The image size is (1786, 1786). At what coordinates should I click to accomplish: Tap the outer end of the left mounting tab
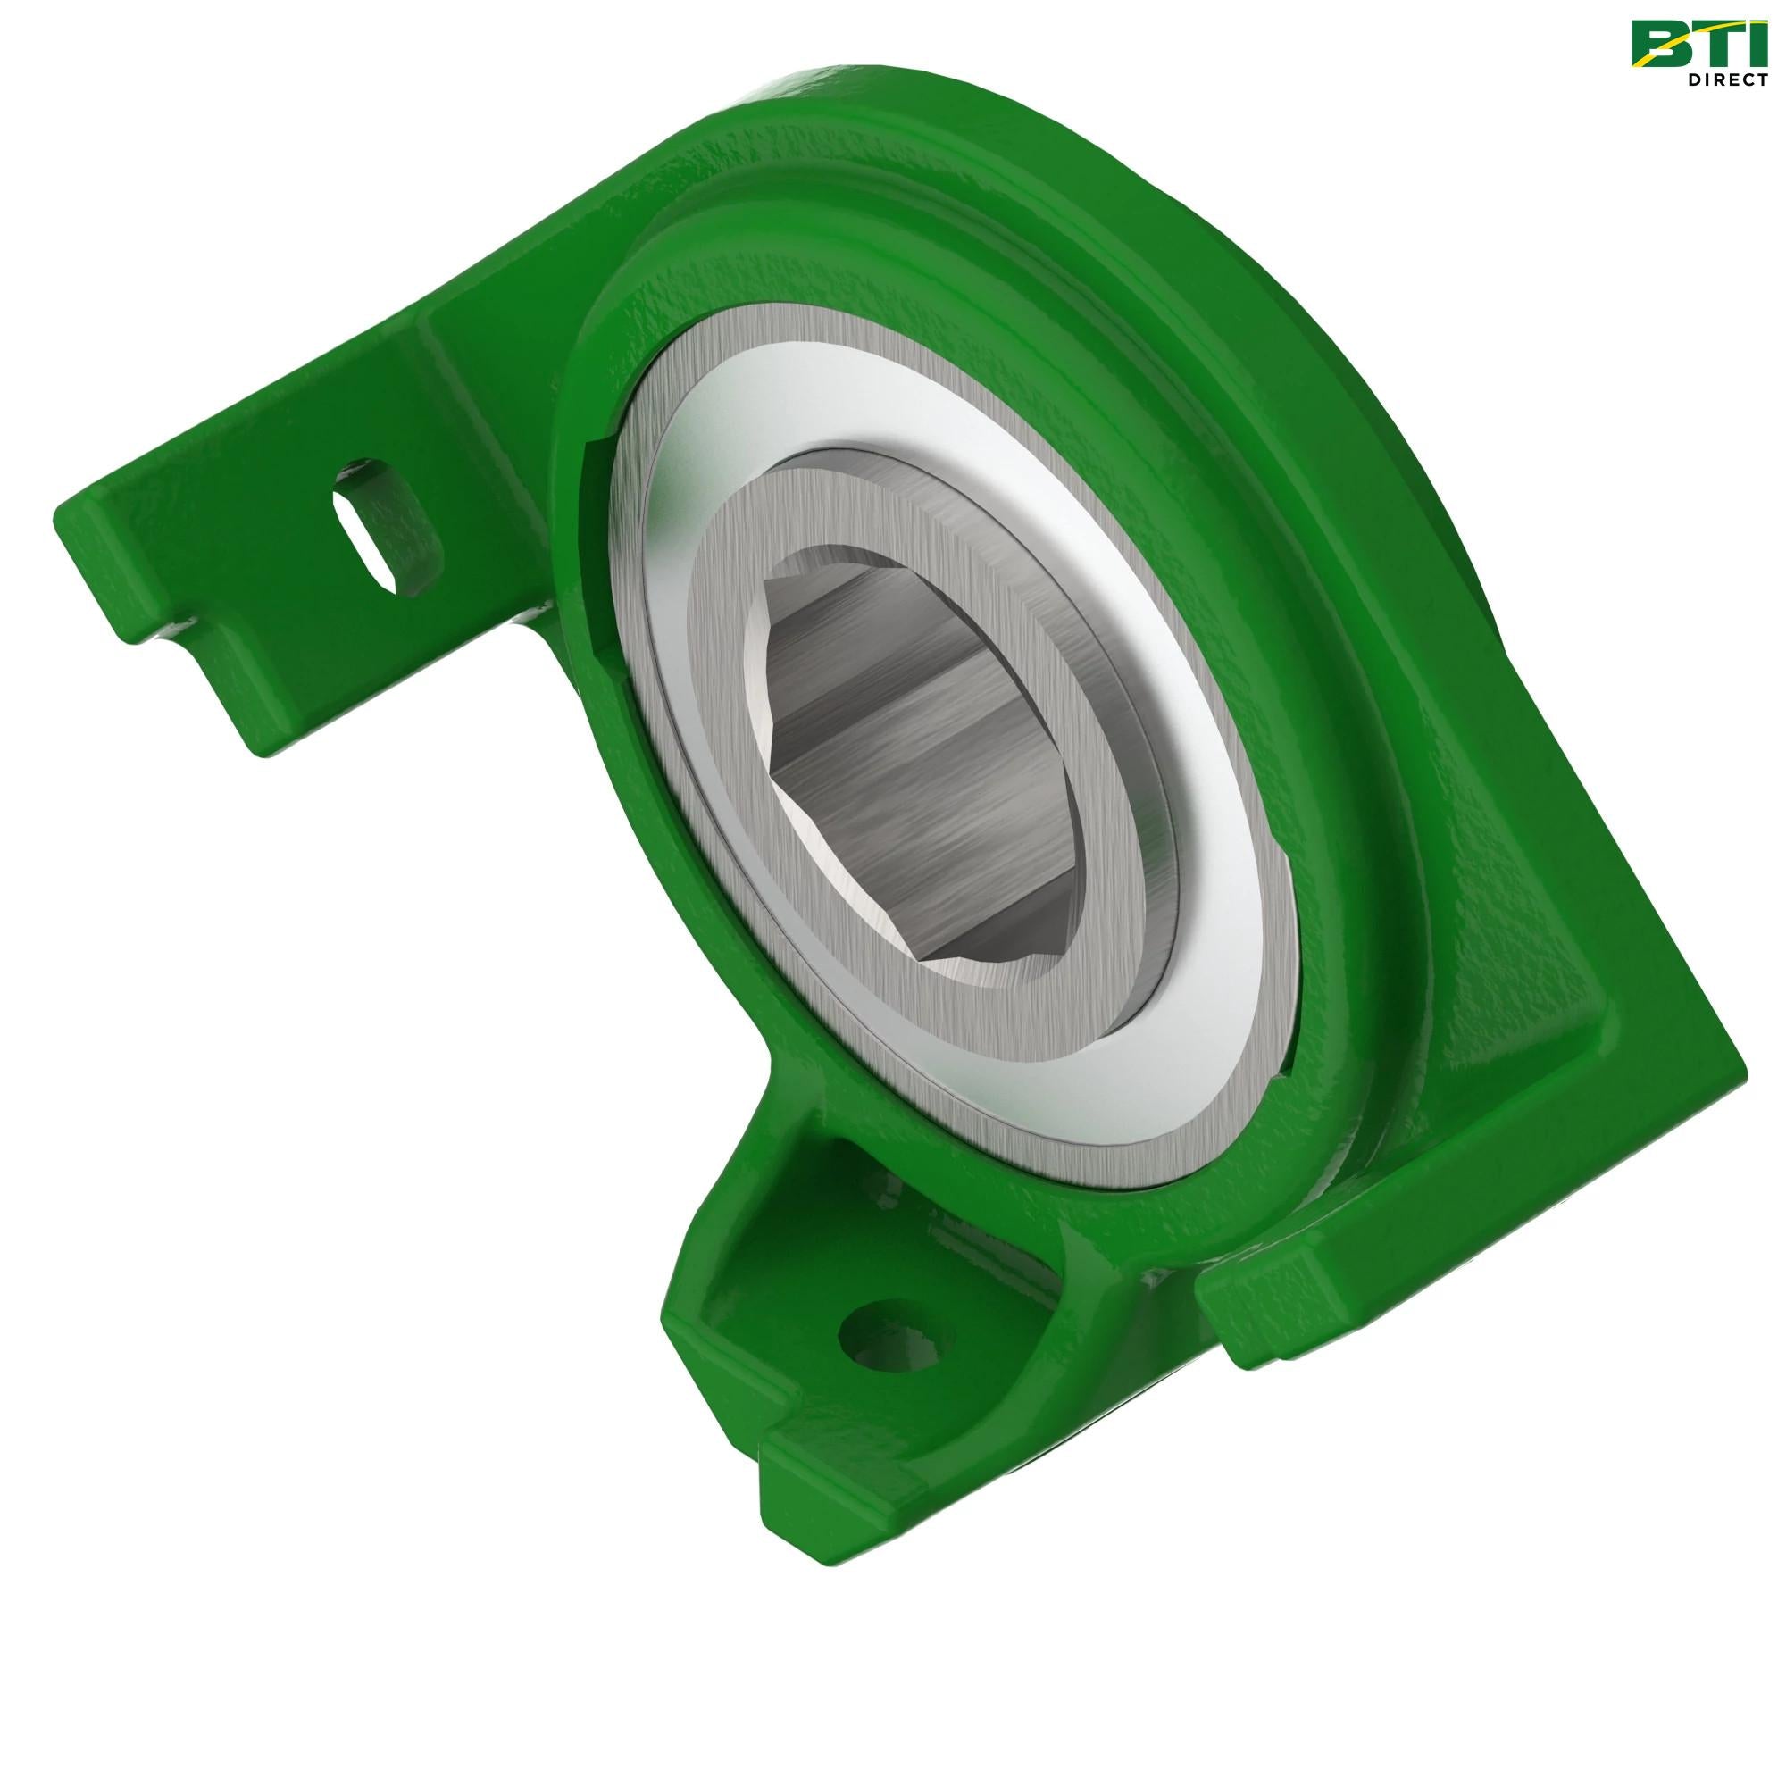tap(102, 546)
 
